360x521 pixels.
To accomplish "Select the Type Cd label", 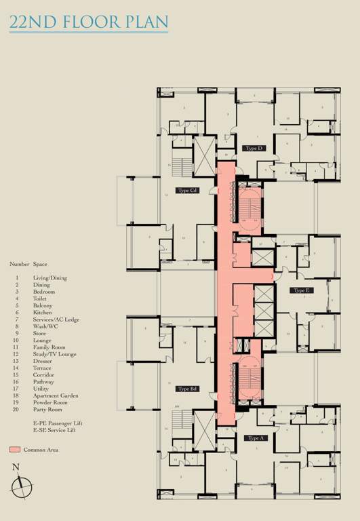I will tap(187, 191).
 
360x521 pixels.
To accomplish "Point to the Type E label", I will tap(302, 290).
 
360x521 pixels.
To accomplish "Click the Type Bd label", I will tap(187, 389).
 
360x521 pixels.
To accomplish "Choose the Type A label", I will tap(255, 438).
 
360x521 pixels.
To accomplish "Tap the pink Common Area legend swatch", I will tap(15, 450).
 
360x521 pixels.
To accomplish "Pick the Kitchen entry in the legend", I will tap(43, 313).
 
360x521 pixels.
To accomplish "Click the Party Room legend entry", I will tap(47, 409).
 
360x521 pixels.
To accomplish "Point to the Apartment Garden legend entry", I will tap(56, 395).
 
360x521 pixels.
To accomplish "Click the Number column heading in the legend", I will tap(19, 263).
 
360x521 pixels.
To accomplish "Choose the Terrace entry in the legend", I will tap(42, 368).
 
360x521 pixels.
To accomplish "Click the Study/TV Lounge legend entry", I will tap(55, 354).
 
